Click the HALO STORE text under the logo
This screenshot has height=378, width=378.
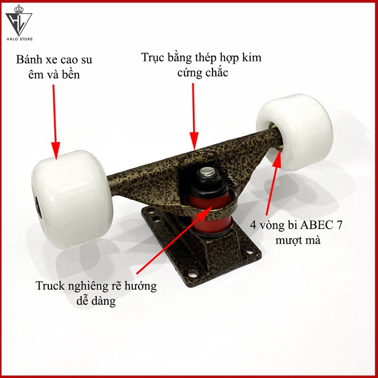point(19,39)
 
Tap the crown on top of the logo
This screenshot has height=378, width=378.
point(19,9)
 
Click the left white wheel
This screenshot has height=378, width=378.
point(72,199)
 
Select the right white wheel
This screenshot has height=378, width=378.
point(295,132)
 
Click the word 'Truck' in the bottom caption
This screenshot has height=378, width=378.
point(50,286)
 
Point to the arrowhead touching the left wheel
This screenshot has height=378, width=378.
point(56,151)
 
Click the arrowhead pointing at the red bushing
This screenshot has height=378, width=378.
point(205,213)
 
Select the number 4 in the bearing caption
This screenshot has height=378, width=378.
point(253,225)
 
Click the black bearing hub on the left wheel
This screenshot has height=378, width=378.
point(38,207)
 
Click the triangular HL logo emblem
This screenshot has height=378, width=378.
point(19,24)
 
